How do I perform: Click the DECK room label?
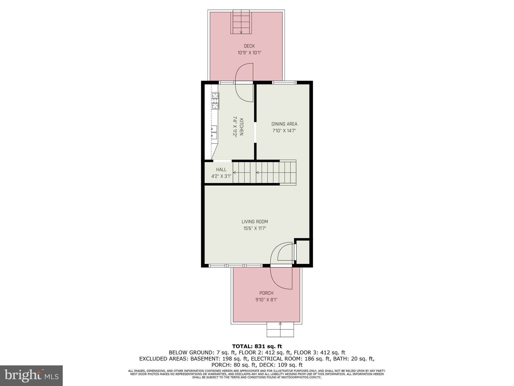pyautogui.click(x=249, y=46)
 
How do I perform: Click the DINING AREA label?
pyautogui.click(x=284, y=124)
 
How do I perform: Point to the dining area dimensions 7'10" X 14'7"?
pyautogui.click(x=284, y=131)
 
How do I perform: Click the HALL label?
pyautogui.click(x=221, y=170)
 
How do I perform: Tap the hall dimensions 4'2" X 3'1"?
pyautogui.click(x=221, y=176)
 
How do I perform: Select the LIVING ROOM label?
pyautogui.click(x=254, y=222)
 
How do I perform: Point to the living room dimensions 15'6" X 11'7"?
pyautogui.click(x=254, y=228)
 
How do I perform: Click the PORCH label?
pyautogui.click(x=266, y=293)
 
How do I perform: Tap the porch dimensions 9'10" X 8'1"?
pyautogui.click(x=266, y=300)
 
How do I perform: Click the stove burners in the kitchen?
pyautogui.click(x=215, y=101)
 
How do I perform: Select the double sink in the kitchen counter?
pyautogui.click(x=214, y=132)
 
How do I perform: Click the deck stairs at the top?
pyautogui.click(x=241, y=22)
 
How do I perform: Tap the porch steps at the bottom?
pyautogui.click(x=280, y=330)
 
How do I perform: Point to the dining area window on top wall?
pyautogui.click(x=284, y=82)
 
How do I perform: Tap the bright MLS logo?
pyautogui.click(x=31, y=375)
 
